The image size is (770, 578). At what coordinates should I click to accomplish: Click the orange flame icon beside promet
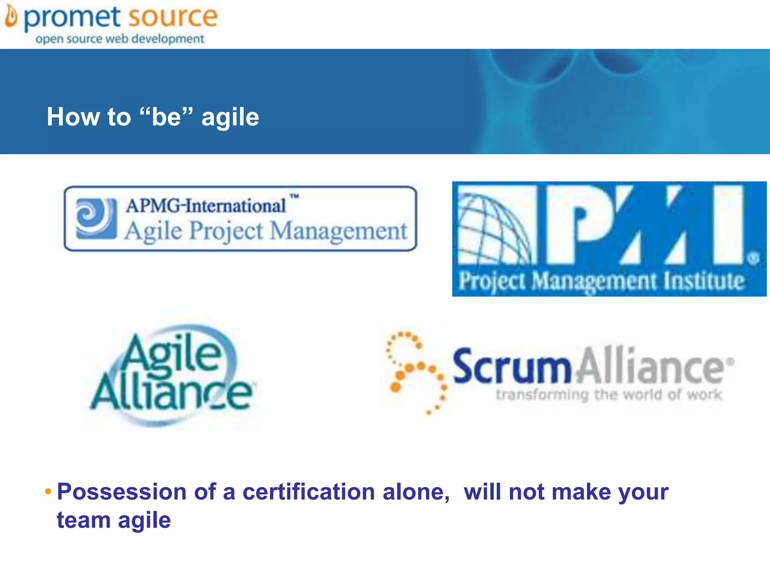click(x=11, y=17)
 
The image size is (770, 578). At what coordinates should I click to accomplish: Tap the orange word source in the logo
click(x=173, y=17)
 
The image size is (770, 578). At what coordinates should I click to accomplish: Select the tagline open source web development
click(x=120, y=39)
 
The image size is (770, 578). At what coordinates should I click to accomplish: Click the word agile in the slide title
click(x=230, y=117)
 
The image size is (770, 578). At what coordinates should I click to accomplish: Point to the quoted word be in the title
click(x=166, y=116)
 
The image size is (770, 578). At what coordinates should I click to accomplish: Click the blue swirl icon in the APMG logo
click(x=96, y=219)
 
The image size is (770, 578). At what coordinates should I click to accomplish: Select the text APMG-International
click(x=206, y=206)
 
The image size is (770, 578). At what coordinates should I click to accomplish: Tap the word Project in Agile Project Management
click(x=226, y=230)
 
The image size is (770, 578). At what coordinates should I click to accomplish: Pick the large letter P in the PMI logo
click(x=576, y=224)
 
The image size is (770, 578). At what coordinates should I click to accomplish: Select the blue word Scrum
click(x=512, y=366)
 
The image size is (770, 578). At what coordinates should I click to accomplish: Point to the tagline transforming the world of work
click(x=609, y=395)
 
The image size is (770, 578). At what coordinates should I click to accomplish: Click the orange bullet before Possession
click(x=48, y=491)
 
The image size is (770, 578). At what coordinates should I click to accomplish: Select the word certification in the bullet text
click(x=309, y=491)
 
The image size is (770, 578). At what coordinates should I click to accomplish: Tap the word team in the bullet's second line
click(x=83, y=520)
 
